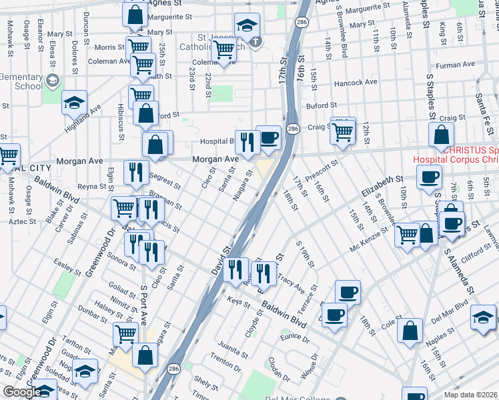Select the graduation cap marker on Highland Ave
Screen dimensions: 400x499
coord(75,103)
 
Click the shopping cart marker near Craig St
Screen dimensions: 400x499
coord(342,131)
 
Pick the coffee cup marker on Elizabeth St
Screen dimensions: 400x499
coord(429,177)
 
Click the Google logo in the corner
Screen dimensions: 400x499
coord(21,392)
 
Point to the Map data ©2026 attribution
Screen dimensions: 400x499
coord(470,395)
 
